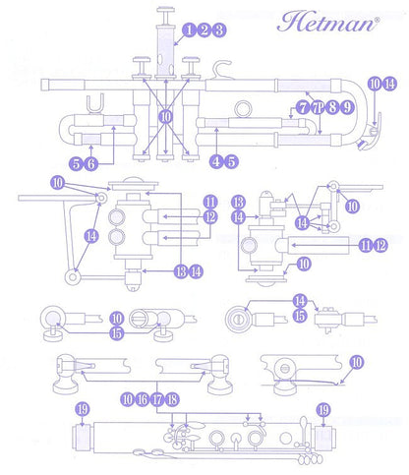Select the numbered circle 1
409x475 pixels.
pos(189,30)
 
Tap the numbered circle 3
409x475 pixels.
pos(219,30)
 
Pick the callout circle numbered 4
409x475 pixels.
pos(216,161)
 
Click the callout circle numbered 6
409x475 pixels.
pos(90,163)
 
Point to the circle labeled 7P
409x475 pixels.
pos(317,107)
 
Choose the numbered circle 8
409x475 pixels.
pos(332,107)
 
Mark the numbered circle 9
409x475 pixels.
pos(347,107)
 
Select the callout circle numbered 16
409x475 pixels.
pos(143,399)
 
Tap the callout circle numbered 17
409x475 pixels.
pos(157,399)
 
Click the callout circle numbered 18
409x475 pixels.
pos(172,399)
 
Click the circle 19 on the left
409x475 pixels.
pos(83,409)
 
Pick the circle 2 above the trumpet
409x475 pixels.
pos(204,30)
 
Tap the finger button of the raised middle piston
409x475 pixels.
pos(166,10)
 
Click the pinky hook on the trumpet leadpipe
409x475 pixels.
pos(220,67)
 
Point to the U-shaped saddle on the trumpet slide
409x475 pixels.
pos(95,105)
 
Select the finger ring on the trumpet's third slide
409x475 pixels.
pos(243,109)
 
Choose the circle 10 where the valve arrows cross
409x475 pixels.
pos(166,116)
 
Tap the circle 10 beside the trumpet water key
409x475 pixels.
pos(375,84)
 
